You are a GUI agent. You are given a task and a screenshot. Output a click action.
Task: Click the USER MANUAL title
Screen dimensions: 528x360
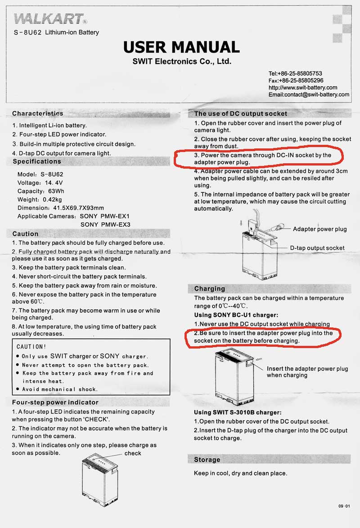click(181, 47)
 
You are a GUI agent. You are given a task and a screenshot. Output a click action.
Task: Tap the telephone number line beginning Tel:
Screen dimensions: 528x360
click(295, 73)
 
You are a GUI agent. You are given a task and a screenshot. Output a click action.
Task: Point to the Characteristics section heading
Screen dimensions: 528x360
click(38, 114)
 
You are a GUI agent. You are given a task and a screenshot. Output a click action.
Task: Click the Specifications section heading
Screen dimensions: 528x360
click(37, 161)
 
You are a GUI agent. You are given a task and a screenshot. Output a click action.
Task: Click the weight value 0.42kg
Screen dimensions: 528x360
click(52, 199)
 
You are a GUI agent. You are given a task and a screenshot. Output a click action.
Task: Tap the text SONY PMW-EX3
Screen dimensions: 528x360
click(105, 224)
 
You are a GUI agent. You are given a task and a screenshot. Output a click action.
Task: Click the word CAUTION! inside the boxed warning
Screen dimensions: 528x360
click(31, 347)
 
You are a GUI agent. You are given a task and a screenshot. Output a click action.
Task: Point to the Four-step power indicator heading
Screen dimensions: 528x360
click(55, 402)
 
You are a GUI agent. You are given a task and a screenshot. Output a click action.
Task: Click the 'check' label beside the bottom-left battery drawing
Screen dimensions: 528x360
click(133, 453)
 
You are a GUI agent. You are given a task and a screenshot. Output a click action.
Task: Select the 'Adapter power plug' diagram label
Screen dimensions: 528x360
click(319, 229)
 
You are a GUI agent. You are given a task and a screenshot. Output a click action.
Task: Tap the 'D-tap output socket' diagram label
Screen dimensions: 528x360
click(317, 248)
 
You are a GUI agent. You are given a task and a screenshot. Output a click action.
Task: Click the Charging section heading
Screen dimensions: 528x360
click(210, 289)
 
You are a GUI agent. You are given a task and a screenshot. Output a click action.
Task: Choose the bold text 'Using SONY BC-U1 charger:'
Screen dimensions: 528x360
click(236, 315)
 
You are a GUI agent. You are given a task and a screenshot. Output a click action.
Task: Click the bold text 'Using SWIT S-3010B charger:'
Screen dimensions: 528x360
click(238, 412)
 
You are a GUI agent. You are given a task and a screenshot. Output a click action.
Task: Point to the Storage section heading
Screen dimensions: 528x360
click(207, 460)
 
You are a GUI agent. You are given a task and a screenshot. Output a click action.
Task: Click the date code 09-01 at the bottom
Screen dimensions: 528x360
click(344, 506)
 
